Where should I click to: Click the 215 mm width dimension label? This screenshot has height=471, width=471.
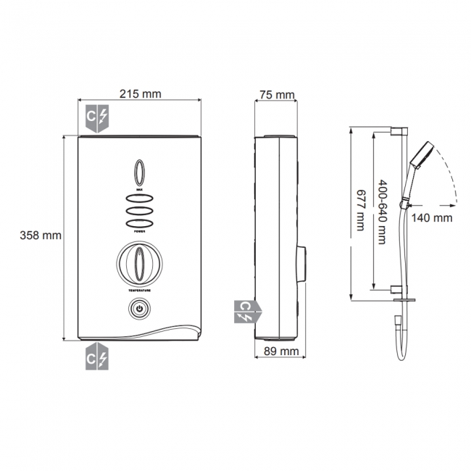point(141,94)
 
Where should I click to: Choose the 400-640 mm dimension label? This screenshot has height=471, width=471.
point(383,211)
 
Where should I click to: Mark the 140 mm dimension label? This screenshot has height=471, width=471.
point(433,217)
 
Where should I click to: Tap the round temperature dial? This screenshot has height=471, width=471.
point(139,264)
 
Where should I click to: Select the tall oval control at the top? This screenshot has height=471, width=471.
point(139,173)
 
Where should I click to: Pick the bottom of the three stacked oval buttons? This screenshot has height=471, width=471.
point(139,223)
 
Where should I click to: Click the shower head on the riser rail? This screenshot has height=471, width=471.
point(420,154)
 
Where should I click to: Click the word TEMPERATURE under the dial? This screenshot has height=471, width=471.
point(139,289)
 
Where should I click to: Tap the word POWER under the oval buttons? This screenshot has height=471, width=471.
point(139,233)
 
